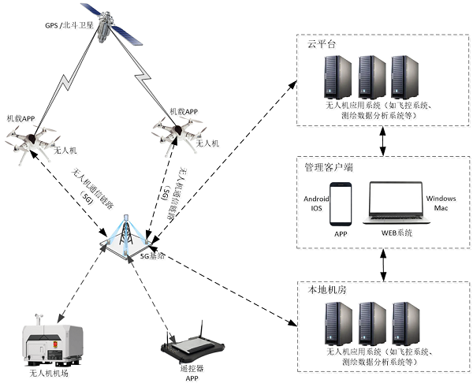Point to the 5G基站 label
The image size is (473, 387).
[153, 256]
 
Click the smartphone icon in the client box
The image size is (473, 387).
[341, 203]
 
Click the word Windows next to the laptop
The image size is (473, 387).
[441, 199]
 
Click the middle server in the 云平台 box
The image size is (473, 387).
[371, 76]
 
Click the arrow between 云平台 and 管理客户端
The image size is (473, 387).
[384, 141]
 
